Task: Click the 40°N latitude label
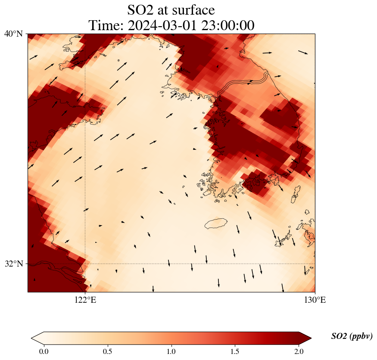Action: point(13,34)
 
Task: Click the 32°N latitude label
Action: point(13,264)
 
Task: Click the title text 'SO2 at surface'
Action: point(171,9)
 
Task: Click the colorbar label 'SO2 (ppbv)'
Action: point(352,336)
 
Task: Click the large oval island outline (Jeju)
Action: point(216,223)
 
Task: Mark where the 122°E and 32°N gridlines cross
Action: point(85,264)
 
